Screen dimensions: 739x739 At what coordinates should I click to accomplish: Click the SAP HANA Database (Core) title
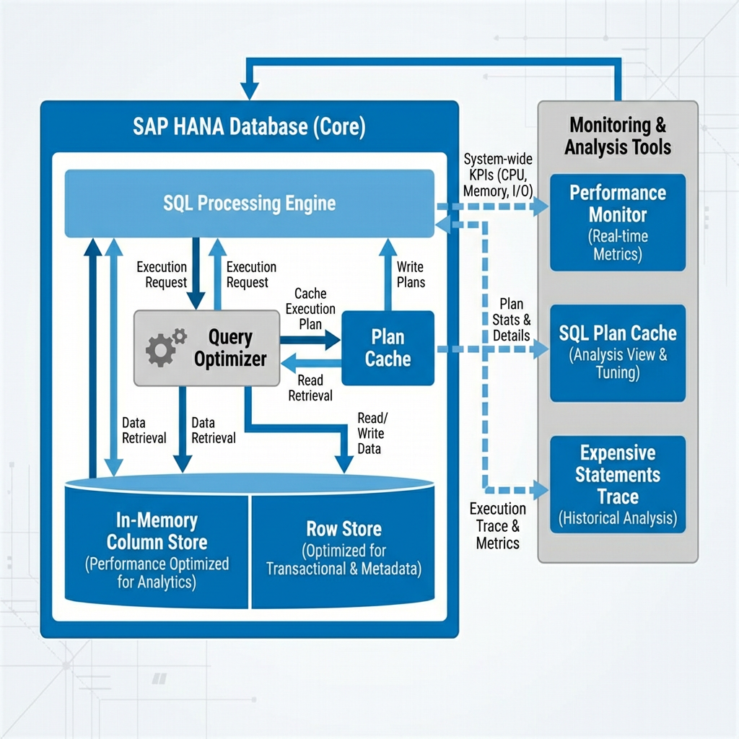click(x=249, y=128)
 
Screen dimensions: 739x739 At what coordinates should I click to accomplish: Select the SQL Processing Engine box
click(x=249, y=203)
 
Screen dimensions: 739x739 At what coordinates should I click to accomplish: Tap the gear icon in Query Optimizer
click(x=166, y=347)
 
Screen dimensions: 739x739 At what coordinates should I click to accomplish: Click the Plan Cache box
click(x=388, y=348)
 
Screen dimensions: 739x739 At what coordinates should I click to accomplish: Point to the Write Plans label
click(x=411, y=275)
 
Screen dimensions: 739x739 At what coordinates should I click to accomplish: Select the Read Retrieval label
click(x=310, y=388)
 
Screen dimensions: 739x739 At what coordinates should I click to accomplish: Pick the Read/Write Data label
click(x=371, y=433)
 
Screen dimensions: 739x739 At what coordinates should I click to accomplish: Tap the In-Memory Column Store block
click(x=157, y=548)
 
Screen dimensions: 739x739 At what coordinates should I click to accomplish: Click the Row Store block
click(x=343, y=548)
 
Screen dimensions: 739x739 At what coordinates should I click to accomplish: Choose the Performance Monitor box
click(x=617, y=222)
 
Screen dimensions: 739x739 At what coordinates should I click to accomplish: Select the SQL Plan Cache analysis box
click(x=617, y=352)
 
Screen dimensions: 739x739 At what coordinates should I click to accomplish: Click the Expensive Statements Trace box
click(x=617, y=484)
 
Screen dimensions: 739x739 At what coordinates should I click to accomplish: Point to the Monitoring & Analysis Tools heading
click(x=617, y=136)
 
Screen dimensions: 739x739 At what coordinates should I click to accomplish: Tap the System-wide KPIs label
click(x=495, y=175)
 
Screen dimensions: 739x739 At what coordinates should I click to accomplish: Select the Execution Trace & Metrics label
click(x=497, y=525)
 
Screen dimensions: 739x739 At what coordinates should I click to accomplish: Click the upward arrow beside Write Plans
click(x=388, y=274)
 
